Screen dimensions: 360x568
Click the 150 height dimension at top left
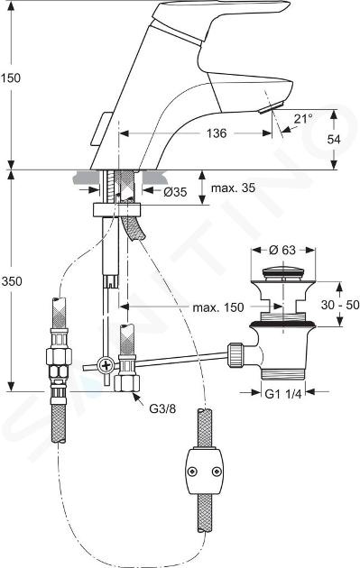[x=11, y=78]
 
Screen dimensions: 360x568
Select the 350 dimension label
[x=12, y=281]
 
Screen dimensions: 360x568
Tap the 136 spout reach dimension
[x=217, y=133]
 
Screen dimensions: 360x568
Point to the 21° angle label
[x=303, y=118]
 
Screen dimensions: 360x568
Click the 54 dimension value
[x=334, y=139]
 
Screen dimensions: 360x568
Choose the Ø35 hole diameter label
[x=175, y=192]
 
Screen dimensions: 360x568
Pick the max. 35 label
[x=233, y=188]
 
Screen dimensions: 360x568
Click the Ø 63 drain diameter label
[x=282, y=250]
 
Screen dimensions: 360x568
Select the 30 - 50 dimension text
[x=340, y=305]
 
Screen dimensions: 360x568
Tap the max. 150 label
[x=218, y=307]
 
